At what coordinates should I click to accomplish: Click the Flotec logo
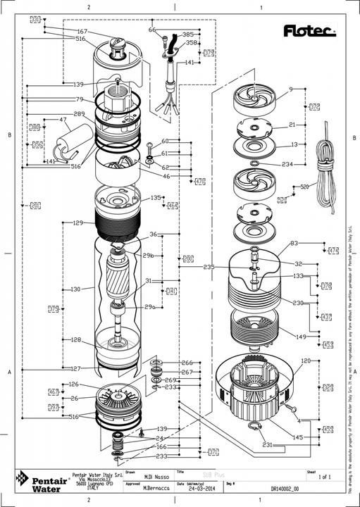[309, 30]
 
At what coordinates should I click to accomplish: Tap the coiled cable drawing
[327, 165]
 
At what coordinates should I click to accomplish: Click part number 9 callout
[290, 89]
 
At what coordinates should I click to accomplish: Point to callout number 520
[304, 187]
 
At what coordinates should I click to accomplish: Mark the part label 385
[187, 34]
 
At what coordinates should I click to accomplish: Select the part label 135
[156, 198]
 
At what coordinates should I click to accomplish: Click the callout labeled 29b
[148, 255]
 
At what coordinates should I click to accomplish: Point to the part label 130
[76, 289]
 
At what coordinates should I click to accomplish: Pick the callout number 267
[187, 372]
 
